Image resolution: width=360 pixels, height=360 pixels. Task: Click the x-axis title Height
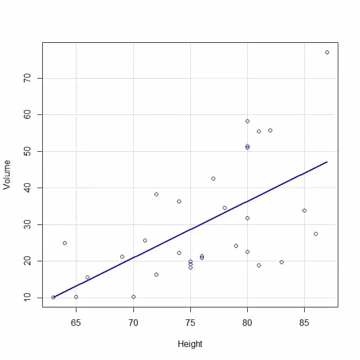[190, 344]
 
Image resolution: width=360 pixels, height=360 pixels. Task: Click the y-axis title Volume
[7, 175]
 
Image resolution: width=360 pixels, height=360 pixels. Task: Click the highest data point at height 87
[327, 52]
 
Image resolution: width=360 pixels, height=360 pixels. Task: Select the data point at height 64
[65, 243]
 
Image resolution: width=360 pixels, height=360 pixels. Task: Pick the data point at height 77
[213, 178]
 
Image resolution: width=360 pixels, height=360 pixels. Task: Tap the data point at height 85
[304, 210]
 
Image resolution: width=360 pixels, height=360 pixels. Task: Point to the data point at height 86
[316, 234]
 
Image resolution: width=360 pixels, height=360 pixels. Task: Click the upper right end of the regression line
[327, 162]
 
